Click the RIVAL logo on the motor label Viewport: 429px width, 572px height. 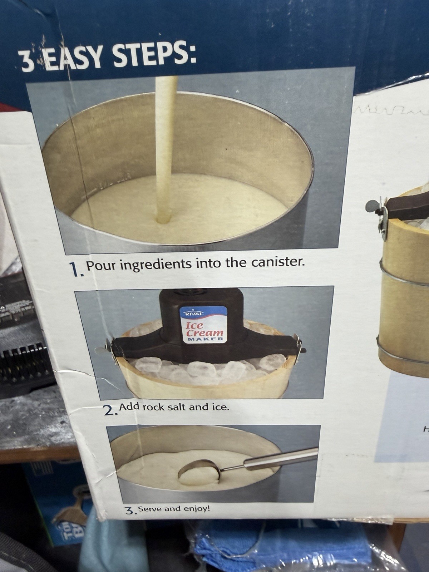[x=193, y=314]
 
